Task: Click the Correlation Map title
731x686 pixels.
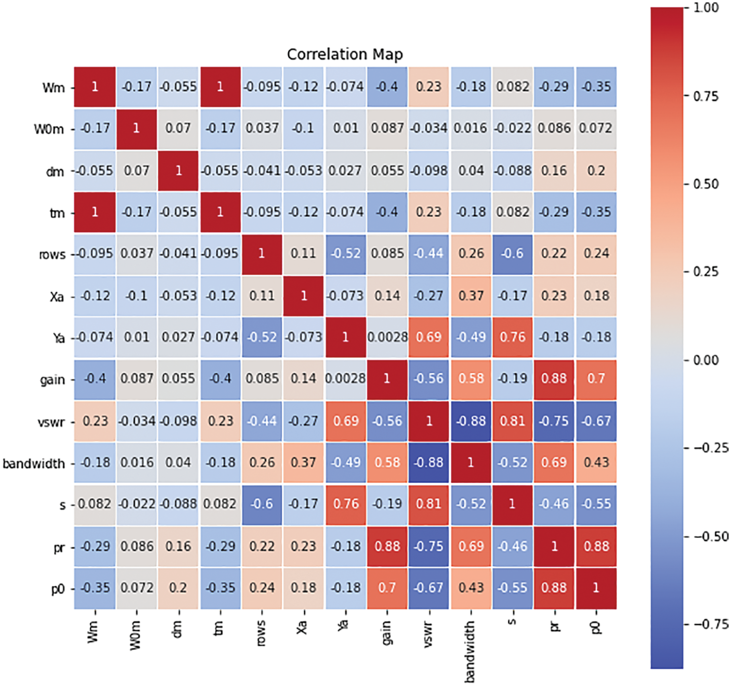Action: point(345,54)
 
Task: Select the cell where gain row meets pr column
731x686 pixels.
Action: point(554,378)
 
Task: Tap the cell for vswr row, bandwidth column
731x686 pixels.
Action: point(470,421)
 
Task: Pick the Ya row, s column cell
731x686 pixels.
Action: point(512,337)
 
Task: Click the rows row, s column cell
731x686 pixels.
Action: point(512,254)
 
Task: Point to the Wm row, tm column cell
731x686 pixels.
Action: point(220,87)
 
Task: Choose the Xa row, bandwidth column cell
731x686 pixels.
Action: point(470,296)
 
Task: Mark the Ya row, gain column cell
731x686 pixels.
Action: point(387,337)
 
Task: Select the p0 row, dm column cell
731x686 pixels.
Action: point(178,588)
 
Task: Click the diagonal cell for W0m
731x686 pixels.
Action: point(136,128)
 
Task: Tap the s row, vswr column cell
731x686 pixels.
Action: point(429,504)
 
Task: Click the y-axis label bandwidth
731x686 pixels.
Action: point(34,463)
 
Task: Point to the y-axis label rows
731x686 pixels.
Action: point(52,255)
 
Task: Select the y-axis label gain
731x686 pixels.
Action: point(52,380)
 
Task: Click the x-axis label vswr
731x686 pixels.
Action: point(428,634)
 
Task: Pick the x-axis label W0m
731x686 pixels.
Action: point(135,635)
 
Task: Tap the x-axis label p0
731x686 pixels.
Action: point(596,628)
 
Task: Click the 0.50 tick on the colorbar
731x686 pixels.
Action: point(705,184)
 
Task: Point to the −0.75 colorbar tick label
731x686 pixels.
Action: point(710,624)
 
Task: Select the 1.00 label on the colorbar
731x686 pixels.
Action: point(706,8)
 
